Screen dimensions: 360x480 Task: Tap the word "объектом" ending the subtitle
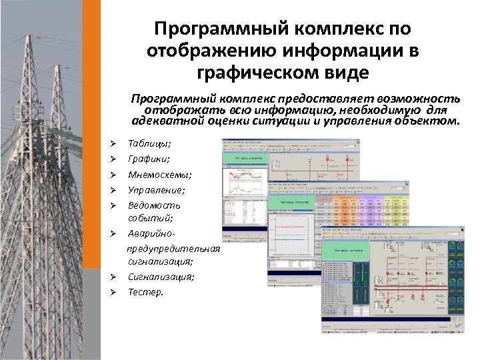click(x=427, y=121)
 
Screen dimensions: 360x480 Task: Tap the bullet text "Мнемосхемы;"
click(x=150, y=175)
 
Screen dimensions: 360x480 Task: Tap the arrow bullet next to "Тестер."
click(x=113, y=292)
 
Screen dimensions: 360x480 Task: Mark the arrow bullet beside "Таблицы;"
click(x=113, y=143)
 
